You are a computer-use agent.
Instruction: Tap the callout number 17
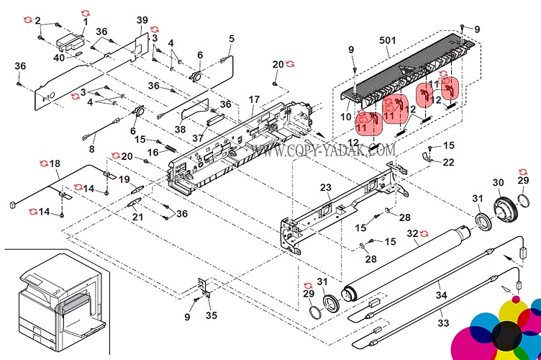click(x=255, y=99)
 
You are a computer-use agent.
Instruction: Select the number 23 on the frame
click(x=325, y=188)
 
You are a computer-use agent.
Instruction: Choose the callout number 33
click(x=444, y=323)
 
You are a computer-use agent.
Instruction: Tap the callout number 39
click(x=142, y=19)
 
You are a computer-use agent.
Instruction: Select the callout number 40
click(x=59, y=58)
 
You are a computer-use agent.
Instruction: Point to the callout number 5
click(x=232, y=38)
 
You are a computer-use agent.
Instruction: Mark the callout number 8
click(x=91, y=149)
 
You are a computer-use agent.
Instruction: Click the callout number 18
click(x=55, y=164)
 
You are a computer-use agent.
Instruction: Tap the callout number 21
click(x=137, y=217)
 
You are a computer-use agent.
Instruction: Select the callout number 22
click(x=448, y=162)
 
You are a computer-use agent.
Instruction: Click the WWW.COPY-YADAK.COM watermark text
click(x=324, y=150)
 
